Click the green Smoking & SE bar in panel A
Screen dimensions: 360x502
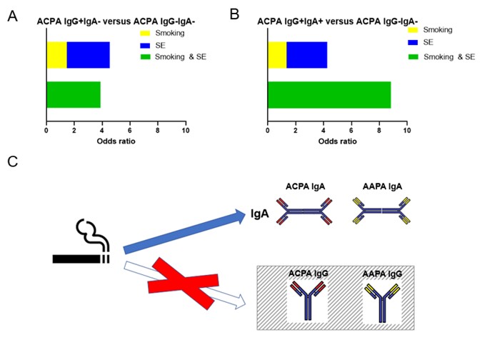(x=73, y=94)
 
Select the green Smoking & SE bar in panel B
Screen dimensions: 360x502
(x=329, y=94)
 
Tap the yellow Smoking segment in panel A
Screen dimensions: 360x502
(x=56, y=55)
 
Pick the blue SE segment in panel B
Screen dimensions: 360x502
(x=306, y=55)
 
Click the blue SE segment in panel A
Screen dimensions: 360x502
(x=88, y=55)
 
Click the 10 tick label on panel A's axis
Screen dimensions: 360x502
(x=186, y=130)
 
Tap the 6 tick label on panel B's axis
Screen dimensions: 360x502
(x=351, y=130)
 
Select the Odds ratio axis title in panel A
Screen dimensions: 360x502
(x=116, y=141)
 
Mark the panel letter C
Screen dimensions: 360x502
(x=12, y=161)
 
